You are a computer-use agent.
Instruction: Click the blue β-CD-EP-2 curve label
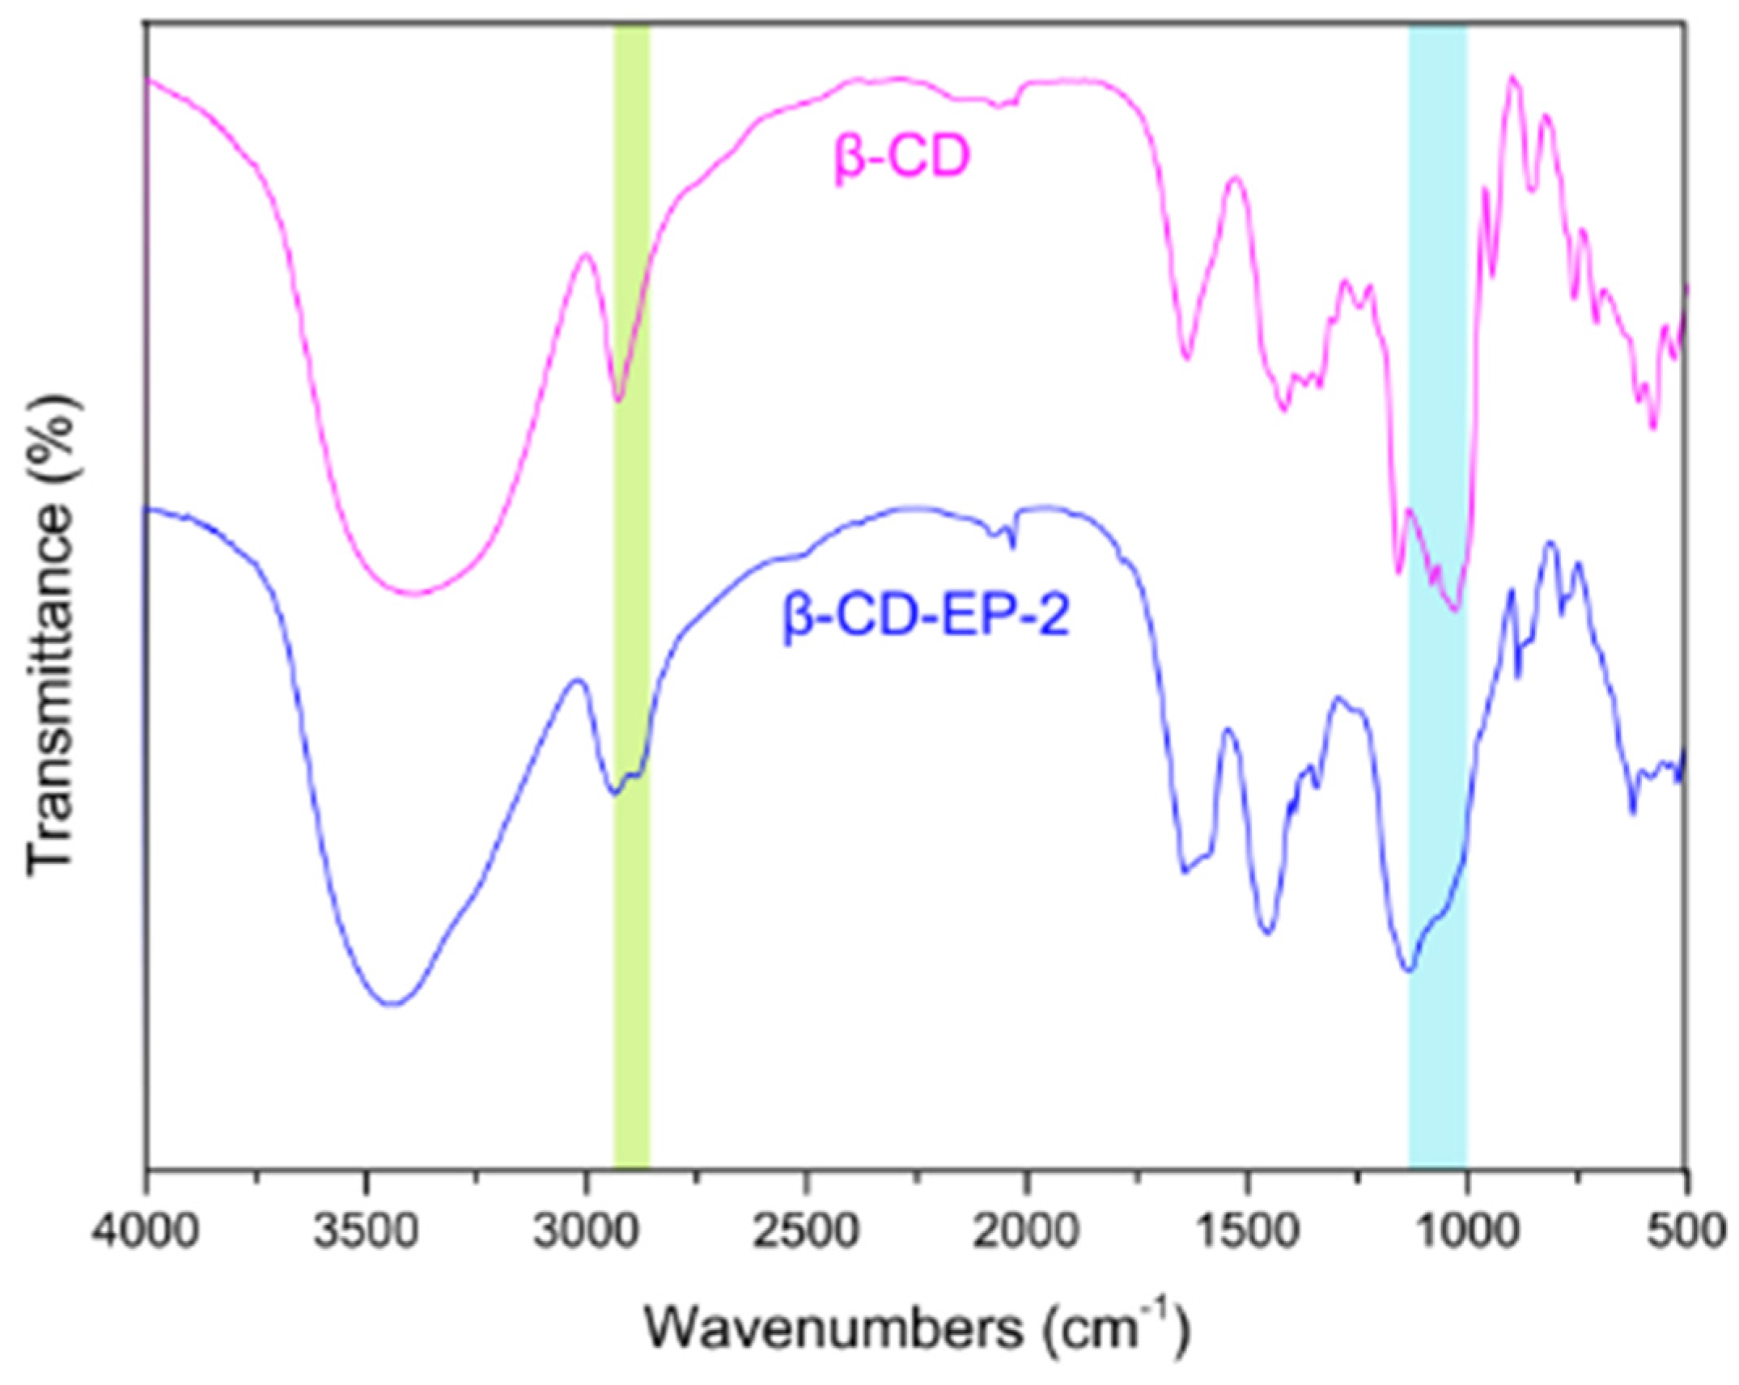tap(926, 617)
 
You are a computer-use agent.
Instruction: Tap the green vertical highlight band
tap(631, 890)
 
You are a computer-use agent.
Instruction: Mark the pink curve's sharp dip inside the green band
tap(618, 400)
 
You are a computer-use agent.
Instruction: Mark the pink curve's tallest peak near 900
tap(1512, 78)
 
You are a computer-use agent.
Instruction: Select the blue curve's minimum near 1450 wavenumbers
tap(1268, 933)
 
